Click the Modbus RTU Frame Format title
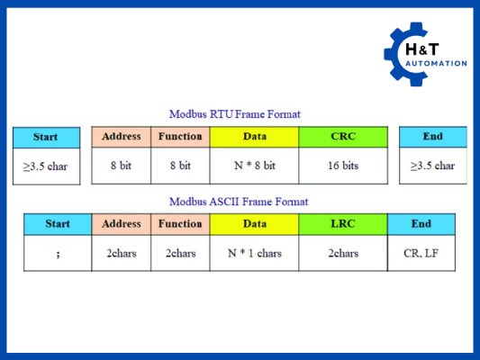(x=235, y=114)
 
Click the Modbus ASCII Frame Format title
(x=239, y=202)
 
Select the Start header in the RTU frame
(x=45, y=137)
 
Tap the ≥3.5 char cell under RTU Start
(x=45, y=166)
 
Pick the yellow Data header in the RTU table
(x=254, y=137)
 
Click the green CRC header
(x=343, y=137)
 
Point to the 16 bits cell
(x=343, y=166)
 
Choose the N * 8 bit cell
(x=254, y=166)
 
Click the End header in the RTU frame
(x=432, y=137)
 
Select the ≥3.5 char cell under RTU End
(x=432, y=166)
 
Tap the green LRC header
(x=343, y=224)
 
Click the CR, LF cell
(x=421, y=253)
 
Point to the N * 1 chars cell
(x=254, y=253)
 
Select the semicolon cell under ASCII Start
(x=57, y=253)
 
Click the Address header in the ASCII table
(x=122, y=224)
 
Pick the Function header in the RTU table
(x=180, y=137)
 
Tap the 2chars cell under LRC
(x=343, y=253)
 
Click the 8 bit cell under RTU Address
(x=122, y=166)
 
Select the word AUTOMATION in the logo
(x=437, y=63)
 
